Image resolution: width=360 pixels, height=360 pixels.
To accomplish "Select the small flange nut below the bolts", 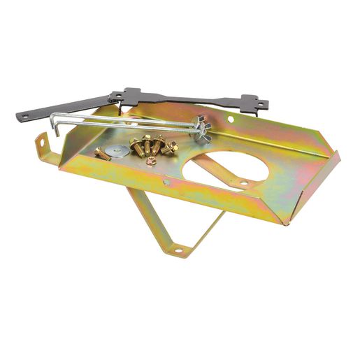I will pos(151,161).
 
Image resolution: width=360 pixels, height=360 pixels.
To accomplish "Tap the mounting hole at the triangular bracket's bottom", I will pos(177,248).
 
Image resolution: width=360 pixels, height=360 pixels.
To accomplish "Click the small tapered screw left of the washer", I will pos(102,154).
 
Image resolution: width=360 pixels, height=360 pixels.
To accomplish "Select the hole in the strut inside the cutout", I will pos(243,182).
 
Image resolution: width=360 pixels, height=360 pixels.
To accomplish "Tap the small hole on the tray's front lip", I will pos(166,184).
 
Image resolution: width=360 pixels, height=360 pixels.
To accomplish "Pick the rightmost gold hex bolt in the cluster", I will pos(170,147).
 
